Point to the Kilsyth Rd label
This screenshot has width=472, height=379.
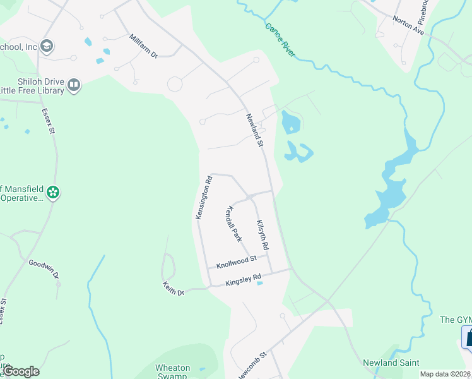coord(263,234)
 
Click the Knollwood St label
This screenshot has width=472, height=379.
coord(237,260)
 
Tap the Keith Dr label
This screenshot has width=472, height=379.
coord(172,289)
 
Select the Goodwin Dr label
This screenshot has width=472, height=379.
coord(44,269)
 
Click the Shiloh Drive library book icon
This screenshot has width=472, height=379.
coord(74,85)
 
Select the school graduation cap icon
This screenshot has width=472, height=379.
coord(46,46)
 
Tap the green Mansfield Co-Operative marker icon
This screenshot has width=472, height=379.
coord(53,192)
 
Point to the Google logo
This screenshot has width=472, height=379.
coord(21,371)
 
